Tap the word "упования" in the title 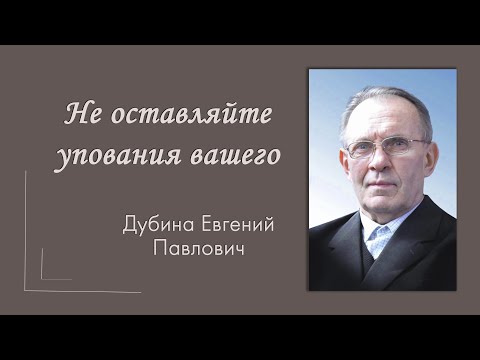pos(116,157)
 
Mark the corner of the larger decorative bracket pos(26,290)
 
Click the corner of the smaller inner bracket pos(42,279)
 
